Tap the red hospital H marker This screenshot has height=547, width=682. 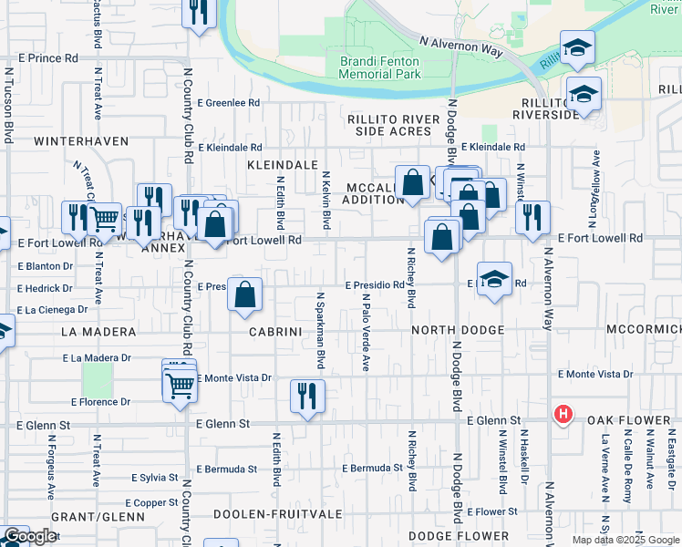563,415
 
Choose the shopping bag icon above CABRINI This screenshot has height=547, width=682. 245,294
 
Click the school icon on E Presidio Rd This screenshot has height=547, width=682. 493,280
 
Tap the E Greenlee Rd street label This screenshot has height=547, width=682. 228,103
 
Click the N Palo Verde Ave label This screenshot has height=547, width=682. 366,332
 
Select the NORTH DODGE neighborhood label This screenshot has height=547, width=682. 458,330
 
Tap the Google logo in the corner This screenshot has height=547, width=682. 29,537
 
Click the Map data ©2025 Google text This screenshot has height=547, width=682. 625,540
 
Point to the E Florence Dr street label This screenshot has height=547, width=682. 99,401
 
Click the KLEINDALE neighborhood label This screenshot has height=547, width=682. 281,165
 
